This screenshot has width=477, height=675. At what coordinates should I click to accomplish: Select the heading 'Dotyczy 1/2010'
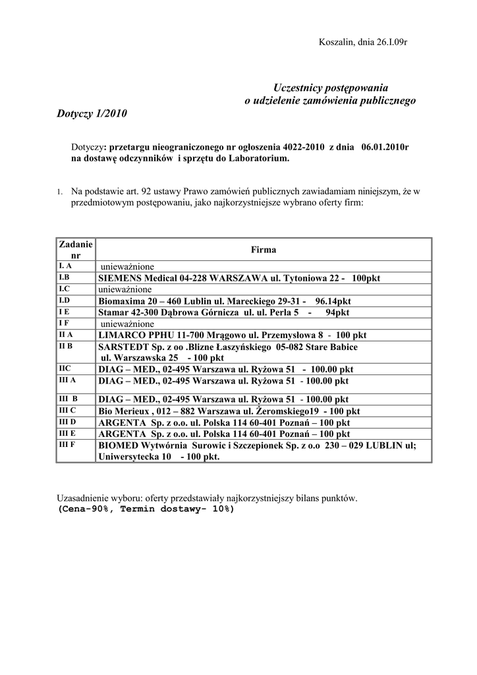click(89, 113)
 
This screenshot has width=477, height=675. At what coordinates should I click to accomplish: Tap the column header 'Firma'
click(263, 250)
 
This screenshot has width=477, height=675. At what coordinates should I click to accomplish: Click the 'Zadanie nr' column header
click(75, 249)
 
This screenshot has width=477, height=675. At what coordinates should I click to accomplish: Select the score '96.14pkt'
click(333, 301)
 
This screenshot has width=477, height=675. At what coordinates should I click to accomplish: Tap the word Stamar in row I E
click(113, 312)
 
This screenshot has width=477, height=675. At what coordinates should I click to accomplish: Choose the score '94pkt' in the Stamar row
click(337, 312)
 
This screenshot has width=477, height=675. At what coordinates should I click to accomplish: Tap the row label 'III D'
click(67, 421)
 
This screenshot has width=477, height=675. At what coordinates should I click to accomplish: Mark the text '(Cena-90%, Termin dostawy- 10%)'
click(146, 510)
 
